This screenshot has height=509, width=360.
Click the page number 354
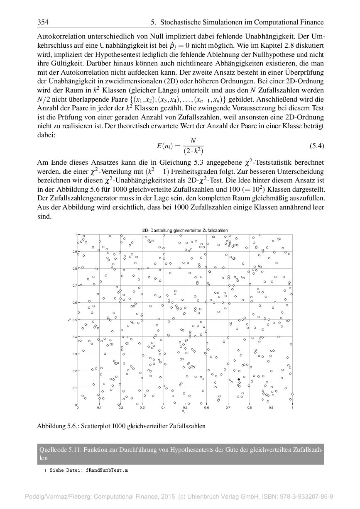point(43,22)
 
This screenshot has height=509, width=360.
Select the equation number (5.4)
point(317,146)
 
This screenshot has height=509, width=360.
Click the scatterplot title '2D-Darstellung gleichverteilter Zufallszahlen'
point(185,230)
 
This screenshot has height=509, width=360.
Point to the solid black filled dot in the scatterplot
point(239,380)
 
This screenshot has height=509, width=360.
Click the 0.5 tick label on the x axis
point(185,408)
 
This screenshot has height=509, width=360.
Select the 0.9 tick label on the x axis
point(271,408)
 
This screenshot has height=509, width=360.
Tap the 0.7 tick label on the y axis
point(74,286)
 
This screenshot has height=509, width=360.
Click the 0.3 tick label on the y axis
point(74,354)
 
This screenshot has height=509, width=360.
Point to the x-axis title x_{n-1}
point(185,412)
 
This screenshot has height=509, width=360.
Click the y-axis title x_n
point(69,319)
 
